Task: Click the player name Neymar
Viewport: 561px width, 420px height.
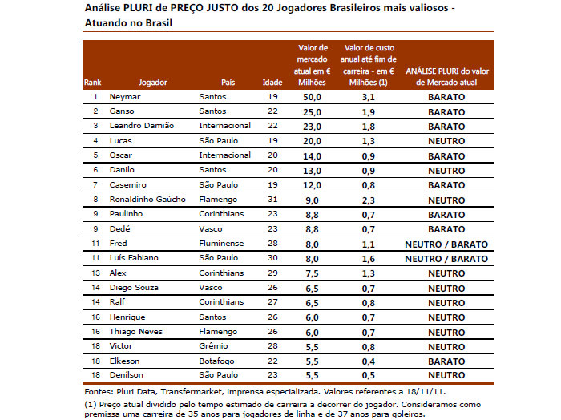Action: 125,97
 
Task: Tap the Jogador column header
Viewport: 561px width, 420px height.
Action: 152,83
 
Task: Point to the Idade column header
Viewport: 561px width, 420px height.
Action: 272,83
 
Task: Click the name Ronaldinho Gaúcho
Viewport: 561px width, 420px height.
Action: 147,199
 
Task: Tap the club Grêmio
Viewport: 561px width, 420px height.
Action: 213,345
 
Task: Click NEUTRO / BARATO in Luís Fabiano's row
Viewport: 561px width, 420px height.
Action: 446,258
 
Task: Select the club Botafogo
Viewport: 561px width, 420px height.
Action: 217,361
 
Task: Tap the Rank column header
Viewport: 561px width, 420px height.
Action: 92,83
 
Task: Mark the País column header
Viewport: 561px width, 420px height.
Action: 228,83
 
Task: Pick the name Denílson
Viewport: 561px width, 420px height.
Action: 127,375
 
